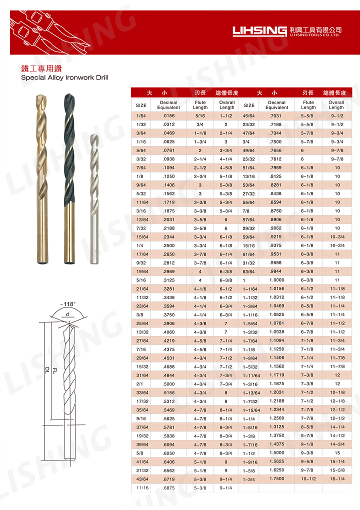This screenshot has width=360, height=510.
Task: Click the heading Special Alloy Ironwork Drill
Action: [x=64, y=77]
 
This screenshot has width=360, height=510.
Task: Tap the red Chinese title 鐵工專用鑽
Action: [x=41, y=68]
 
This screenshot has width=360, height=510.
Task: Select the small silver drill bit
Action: [x=94, y=198]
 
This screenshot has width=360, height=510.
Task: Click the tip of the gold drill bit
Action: [x=40, y=95]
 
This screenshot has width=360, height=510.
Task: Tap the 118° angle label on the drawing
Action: [x=68, y=304]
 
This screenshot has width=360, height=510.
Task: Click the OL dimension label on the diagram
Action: [x=47, y=370]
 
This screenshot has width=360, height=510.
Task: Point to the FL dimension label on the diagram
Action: [x=54, y=370]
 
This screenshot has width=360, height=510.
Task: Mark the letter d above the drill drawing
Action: [x=67, y=314]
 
